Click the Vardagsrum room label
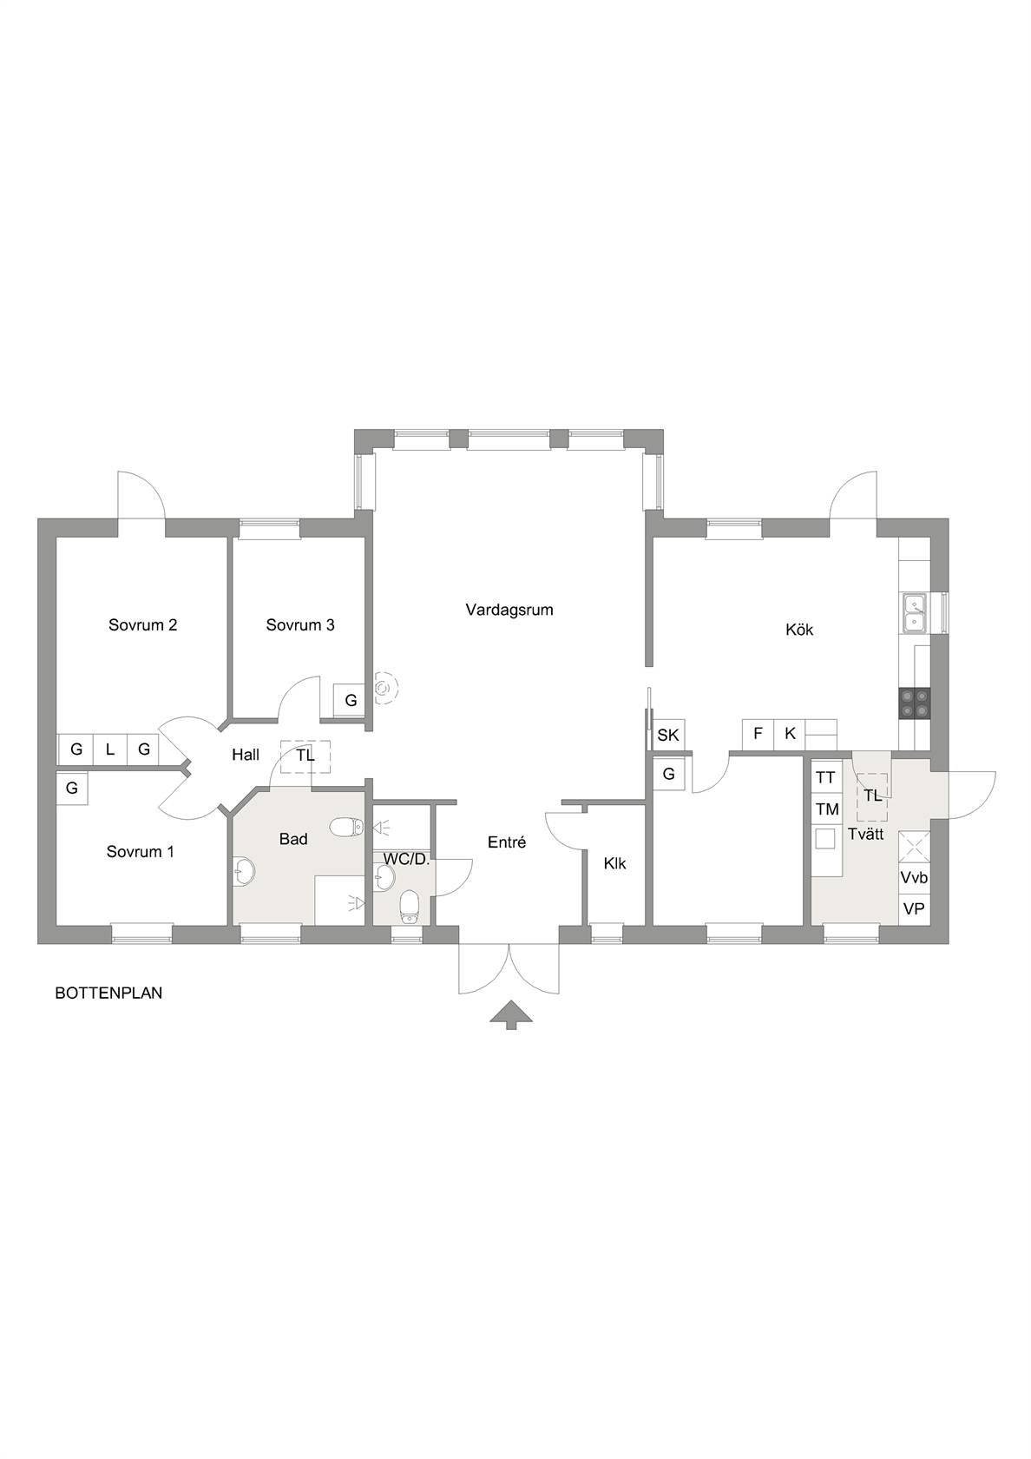[509, 611]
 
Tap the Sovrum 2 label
[142, 625]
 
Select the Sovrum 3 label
[300, 625]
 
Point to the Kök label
[799, 630]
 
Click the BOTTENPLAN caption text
[108, 994]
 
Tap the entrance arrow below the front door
[511, 1014]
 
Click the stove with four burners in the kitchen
[915, 704]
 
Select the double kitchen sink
[915, 613]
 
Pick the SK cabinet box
[668, 736]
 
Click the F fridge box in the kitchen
[758, 734]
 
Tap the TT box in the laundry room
[826, 778]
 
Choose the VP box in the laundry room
[915, 908]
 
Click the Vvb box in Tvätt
[915, 878]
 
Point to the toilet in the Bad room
[346, 827]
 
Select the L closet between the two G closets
[110, 749]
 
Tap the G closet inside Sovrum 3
[351, 700]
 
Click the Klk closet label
[614, 863]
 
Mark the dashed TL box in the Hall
[305, 756]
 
